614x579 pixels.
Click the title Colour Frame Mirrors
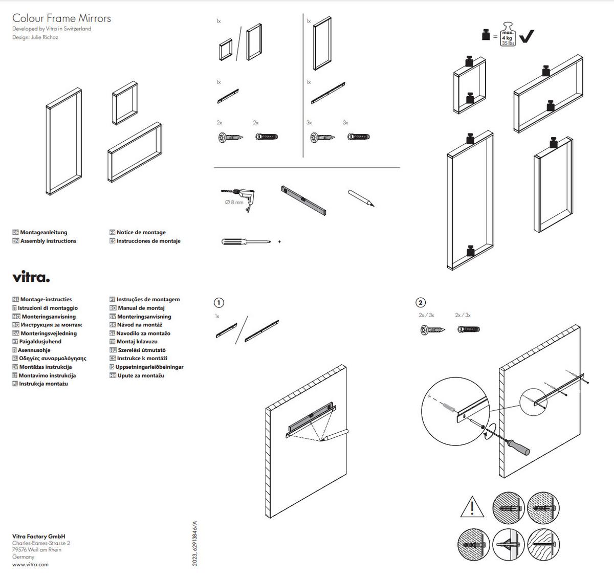pyautogui.click(x=61, y=18)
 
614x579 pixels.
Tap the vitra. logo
pyautogui.click(x=31, y=278)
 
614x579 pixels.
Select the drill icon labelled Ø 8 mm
pyautogui.click(x=240, y=196)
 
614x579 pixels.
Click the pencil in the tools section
pyautogui.click(x=361, y=198)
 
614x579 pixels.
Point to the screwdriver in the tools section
pyautogui.click(x=246, y=241)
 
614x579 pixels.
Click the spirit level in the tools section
pyautogui.click(x=303, y=200)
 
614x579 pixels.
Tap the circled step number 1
pyautogui.click(x=218, y=302)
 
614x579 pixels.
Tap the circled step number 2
pyautogui.click(x=421, y=302)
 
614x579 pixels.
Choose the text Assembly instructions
pyautogui.click(x=48, y=241)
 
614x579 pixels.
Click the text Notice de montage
pyautogui.click(x=141, y=232)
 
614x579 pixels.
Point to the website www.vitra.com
pyautogui.click(x=30, y=564)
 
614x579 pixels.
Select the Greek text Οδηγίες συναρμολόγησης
pyautogui.click(x=52, y=359)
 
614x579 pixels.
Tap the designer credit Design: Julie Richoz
pyautogui.click(x=35, y=37)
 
